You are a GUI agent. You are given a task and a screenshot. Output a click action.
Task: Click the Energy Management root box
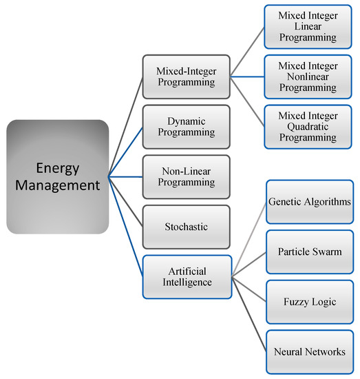58,175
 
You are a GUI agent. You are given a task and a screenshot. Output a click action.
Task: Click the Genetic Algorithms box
307,201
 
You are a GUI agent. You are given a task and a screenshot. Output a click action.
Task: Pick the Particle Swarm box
307,252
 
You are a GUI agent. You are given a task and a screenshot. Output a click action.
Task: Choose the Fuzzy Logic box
307,302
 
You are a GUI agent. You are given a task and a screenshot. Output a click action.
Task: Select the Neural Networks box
307,351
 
